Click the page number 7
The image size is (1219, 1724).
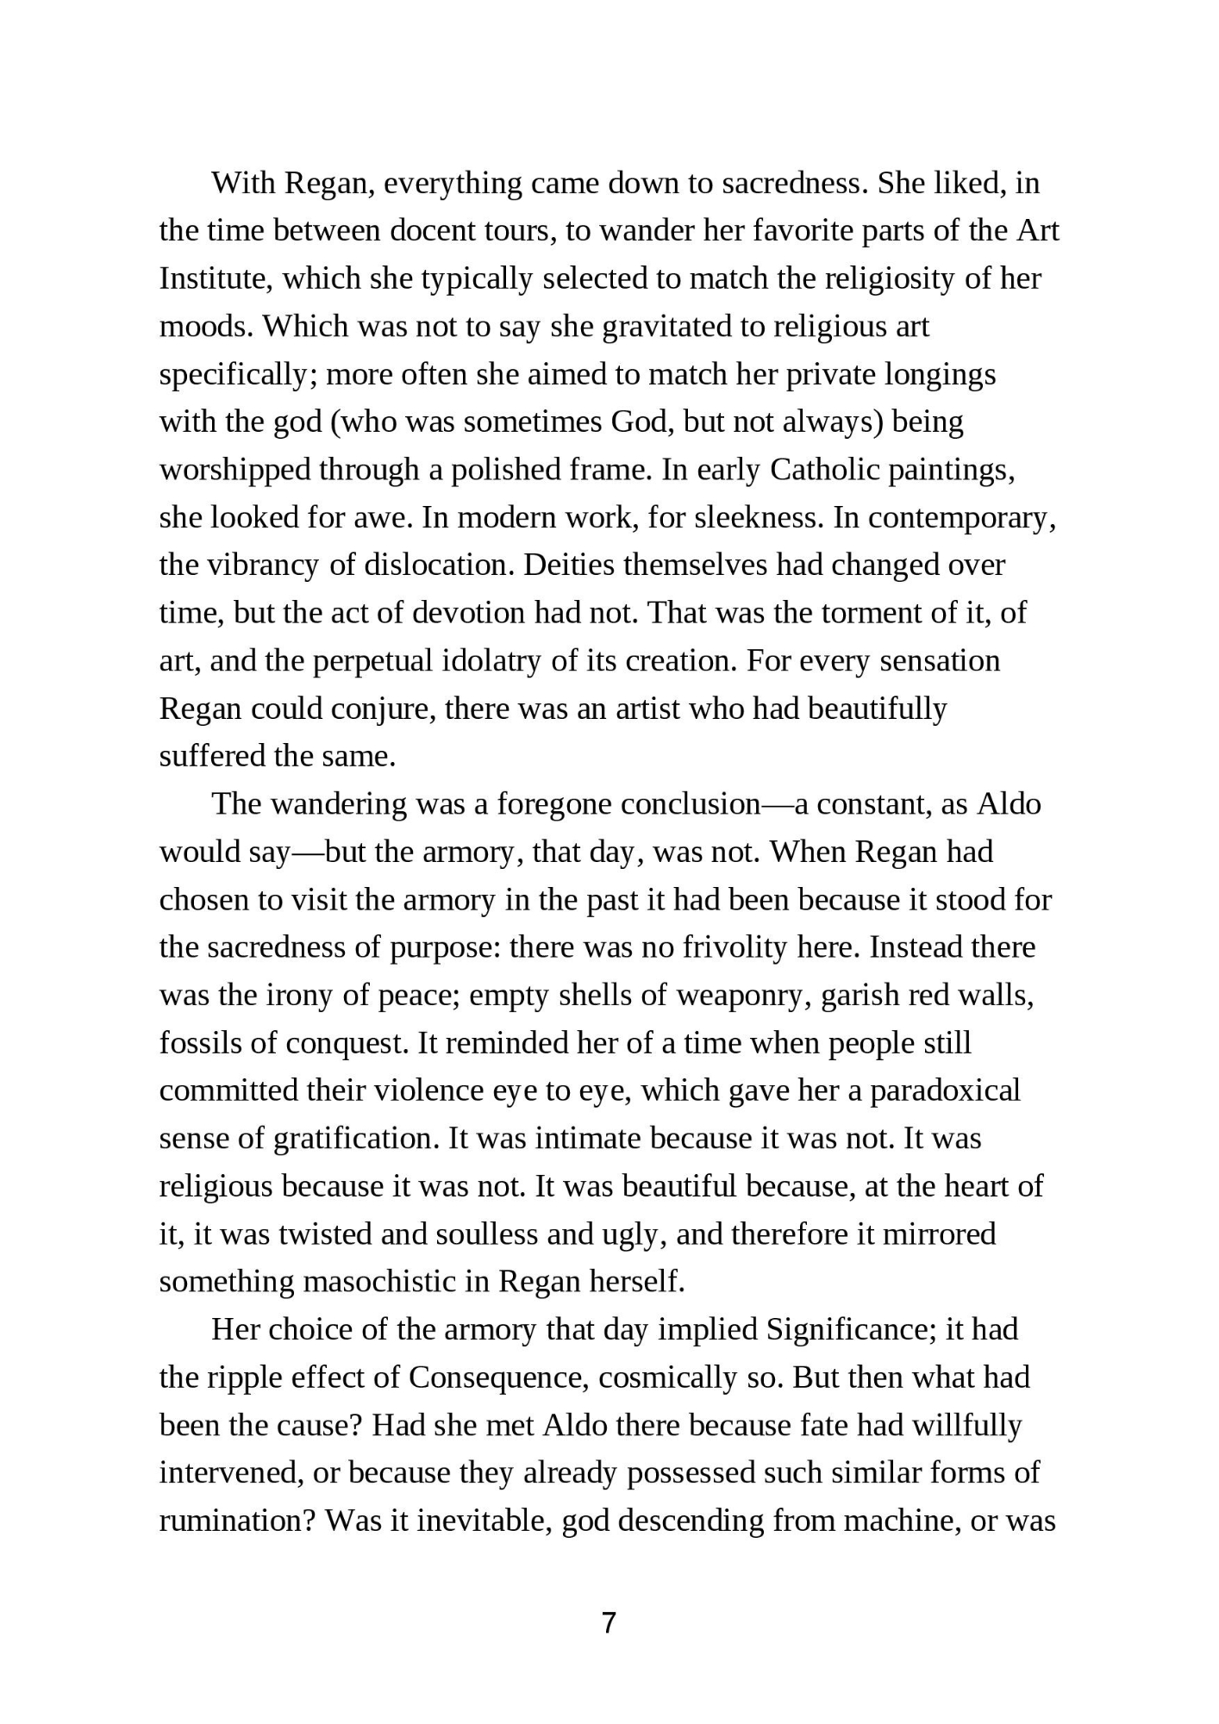click(x=609, y=1623)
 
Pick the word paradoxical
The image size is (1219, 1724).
click(x=945, y=1091)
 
